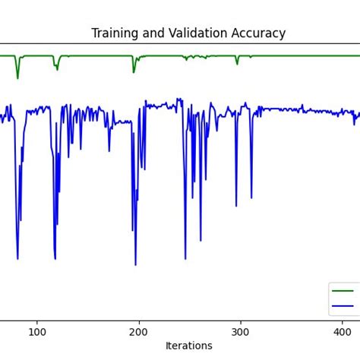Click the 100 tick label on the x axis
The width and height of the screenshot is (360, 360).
tap(36, 332)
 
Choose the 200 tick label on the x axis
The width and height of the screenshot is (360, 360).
tap(138, 332)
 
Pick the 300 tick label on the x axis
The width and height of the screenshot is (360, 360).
tap(241, 332)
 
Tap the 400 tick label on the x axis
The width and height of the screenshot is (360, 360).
tap(343, 332)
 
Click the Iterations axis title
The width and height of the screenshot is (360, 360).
tap(189, 346)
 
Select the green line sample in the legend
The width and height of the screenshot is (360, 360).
tap(343, 290)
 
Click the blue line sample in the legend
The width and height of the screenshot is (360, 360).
tap(343, 306)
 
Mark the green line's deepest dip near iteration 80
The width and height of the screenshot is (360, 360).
tap(17, 77)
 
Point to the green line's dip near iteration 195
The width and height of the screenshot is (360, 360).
tap(134, 72)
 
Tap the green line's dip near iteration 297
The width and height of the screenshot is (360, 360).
tap(237, 64)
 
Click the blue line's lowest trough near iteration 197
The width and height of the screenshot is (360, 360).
tap(136, 264)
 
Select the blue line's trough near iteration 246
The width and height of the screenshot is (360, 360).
tap(185, 259)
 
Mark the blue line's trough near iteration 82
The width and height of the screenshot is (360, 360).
tap(17, 259)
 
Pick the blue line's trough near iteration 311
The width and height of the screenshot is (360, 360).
tap(251, 198)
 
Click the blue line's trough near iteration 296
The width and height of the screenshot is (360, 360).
tap(236, 206)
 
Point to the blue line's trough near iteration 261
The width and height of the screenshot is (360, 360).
tap(201, 241)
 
